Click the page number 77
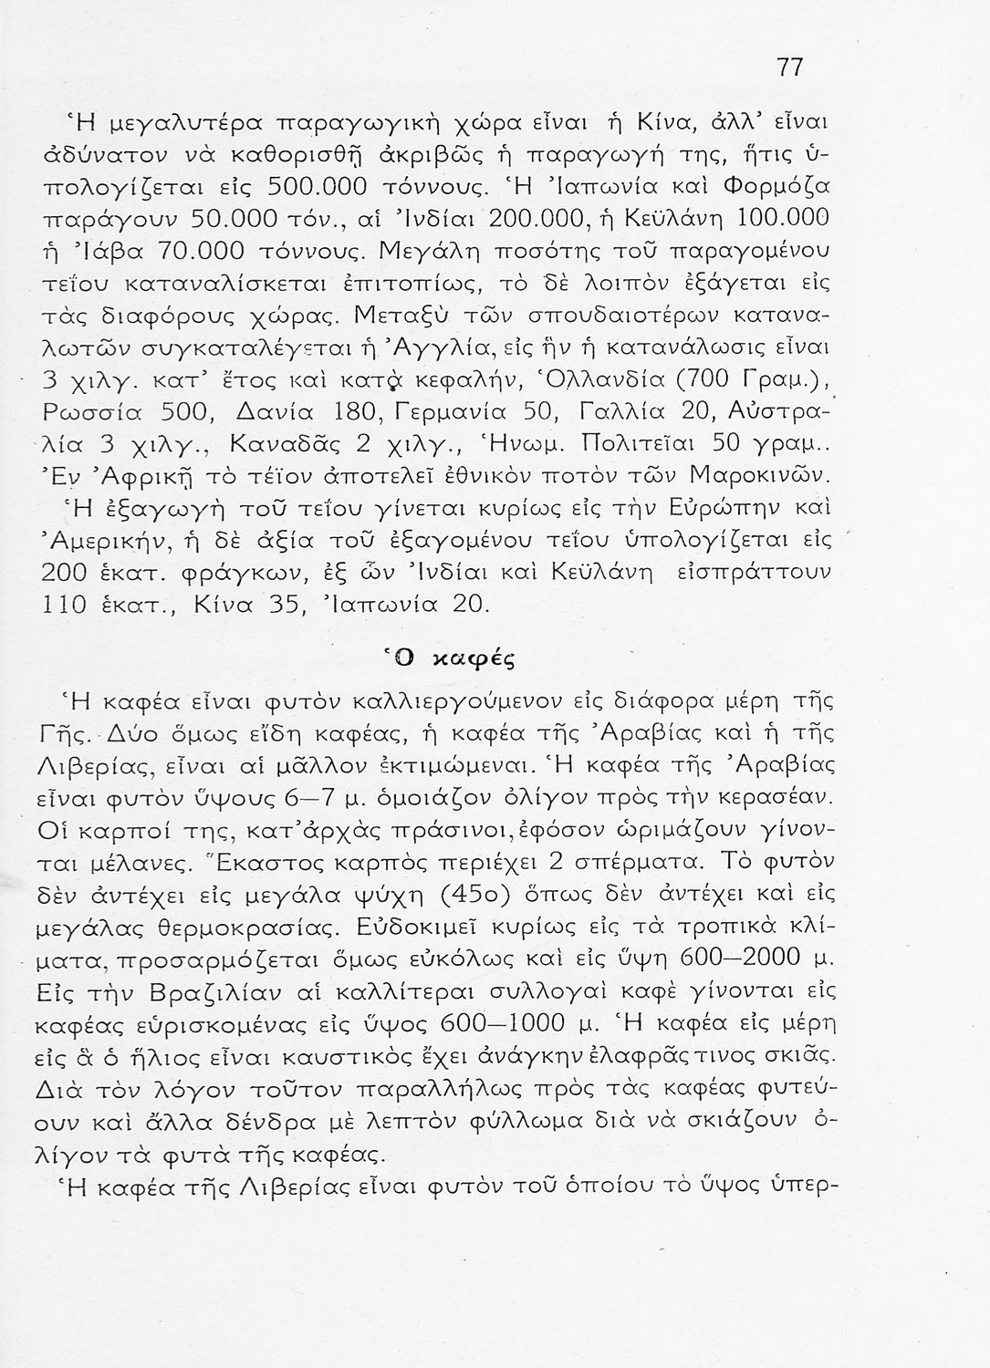[790, 68]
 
